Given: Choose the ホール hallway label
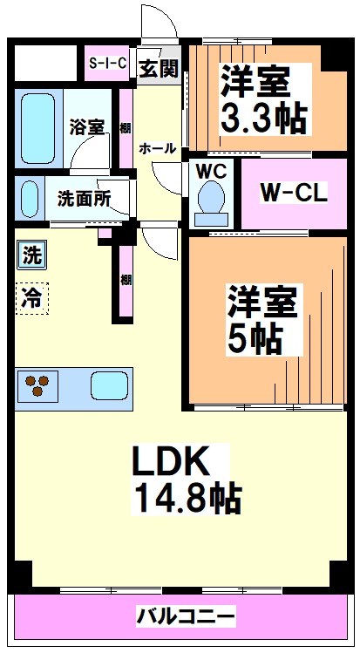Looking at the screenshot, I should [158, 149].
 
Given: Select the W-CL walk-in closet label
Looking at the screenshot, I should [294, 193].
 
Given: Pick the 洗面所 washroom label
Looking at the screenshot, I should [84, 198].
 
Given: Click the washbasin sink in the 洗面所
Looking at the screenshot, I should [30, 199].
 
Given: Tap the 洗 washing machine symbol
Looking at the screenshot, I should [31, 256].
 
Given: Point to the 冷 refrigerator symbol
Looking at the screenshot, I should [31, 299].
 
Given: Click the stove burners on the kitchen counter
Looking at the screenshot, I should [38, 384].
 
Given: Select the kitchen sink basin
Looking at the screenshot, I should [108, 384].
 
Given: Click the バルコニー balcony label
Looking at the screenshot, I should [185, 617].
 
